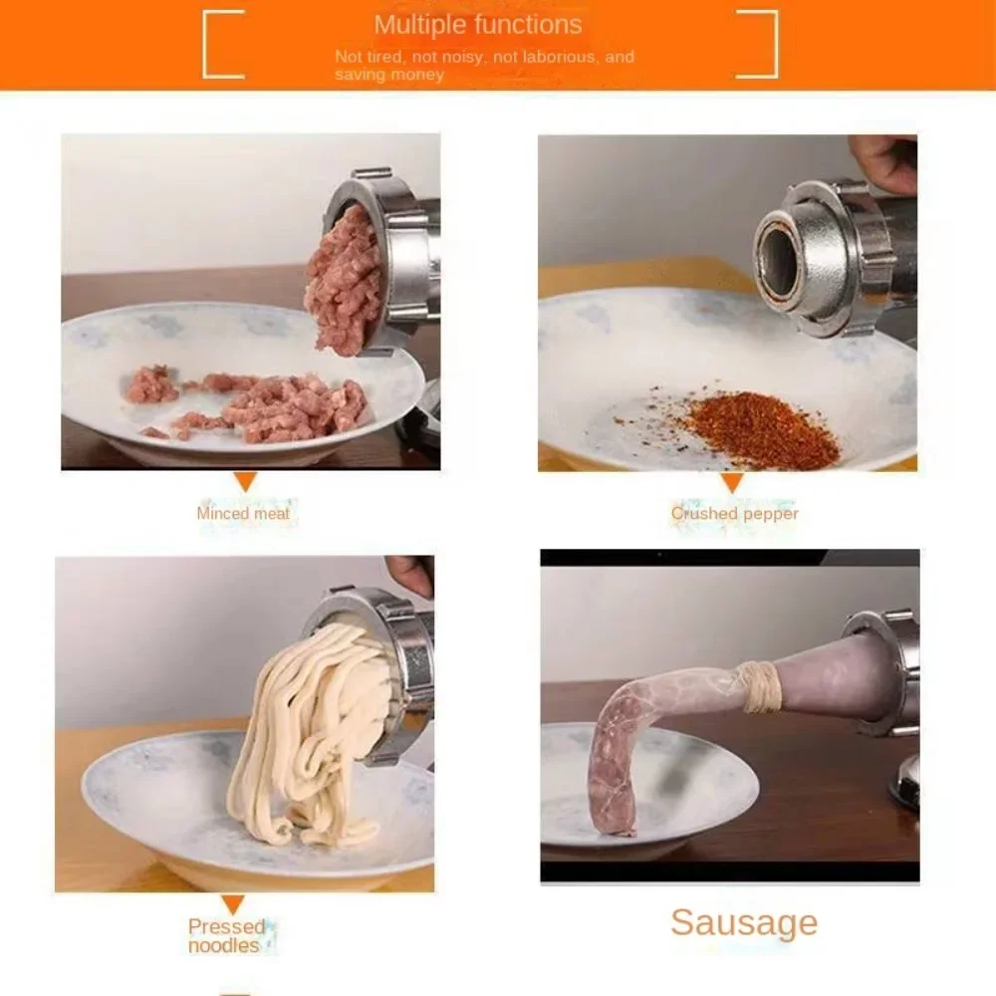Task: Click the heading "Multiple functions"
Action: (478, 25)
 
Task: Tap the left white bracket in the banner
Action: (205, 45)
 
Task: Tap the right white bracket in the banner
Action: (774, 45)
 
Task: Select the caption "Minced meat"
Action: (243, 513)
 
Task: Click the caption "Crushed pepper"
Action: (734, 513)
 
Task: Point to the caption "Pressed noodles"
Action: (227, 935)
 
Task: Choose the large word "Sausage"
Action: (744, 923)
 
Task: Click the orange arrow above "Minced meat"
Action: (245, 481)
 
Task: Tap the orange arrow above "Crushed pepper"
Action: (732, 482)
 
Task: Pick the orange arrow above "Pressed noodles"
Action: (233, 904)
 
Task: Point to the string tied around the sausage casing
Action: (760, 686)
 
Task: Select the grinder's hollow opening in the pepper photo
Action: (779, 261)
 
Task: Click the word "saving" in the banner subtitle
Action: (358, 75)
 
